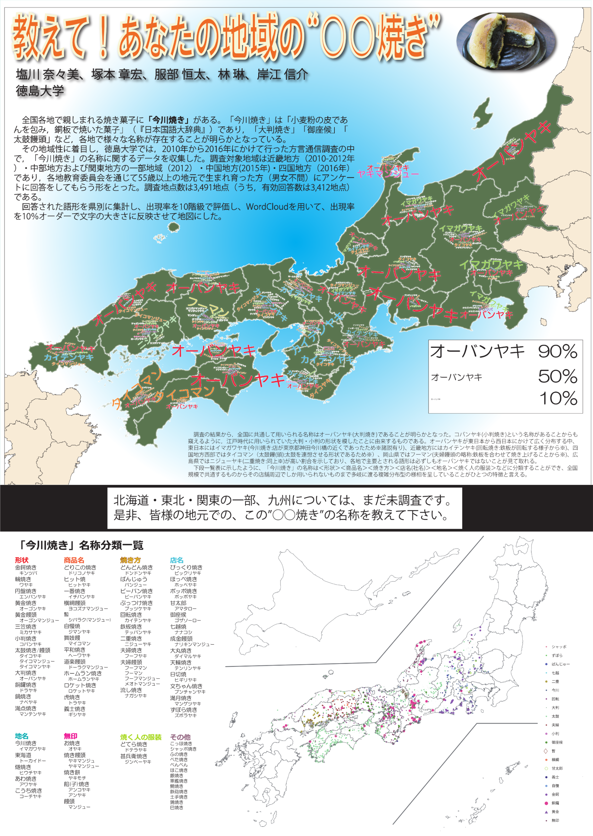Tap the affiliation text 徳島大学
pyautogui.click(x=40, y=90)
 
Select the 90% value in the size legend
pyautogui.click(x=557, y=351)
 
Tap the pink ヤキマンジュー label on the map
pyautogui.click(x=388, y=174)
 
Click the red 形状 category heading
pyautogui.click(x=22, y=560)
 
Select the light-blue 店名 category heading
pyautogui.click(x=177, y=560)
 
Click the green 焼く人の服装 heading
pyautogui.click(x=141, y=737)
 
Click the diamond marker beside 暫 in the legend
pyautogui.click(x=546, y=751)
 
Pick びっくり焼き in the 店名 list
pyautogui.click(x=186, y=567)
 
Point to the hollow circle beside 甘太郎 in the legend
pyautogui.click(x=546, y=768)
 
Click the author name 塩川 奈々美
pyautogui.click(x=47, y=75)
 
